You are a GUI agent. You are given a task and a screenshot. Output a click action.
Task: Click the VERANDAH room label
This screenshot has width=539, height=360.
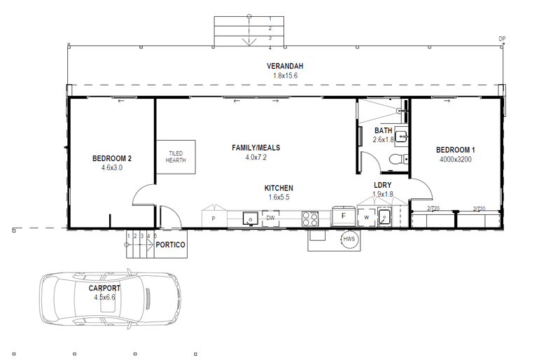(285, 66)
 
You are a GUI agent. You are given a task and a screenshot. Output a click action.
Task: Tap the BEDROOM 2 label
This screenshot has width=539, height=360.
(112, 158)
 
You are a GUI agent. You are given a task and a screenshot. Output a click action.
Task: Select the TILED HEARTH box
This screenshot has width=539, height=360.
(176, 157)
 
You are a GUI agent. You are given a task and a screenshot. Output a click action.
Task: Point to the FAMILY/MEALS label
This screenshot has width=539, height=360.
(255, 148)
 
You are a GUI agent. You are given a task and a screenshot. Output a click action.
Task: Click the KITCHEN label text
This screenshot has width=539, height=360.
(279, 188)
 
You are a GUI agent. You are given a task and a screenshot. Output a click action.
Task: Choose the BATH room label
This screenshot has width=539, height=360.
(383, 131)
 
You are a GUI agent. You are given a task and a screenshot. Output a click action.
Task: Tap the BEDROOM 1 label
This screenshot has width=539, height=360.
(456, 150)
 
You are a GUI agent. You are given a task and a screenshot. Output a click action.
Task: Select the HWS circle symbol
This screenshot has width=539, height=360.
(349, 240)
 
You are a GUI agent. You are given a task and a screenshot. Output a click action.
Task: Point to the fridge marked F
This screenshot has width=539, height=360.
(343, 216)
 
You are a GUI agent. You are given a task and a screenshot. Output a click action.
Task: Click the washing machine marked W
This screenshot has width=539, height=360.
(366, 218)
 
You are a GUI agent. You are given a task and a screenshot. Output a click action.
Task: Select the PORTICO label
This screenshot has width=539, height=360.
(171, 245)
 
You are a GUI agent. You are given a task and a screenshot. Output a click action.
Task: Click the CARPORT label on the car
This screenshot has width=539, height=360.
(104, 288)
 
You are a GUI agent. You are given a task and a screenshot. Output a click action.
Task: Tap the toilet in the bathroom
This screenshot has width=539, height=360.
(395, 159)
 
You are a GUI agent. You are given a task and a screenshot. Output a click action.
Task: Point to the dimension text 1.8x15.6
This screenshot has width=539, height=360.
(285, 75)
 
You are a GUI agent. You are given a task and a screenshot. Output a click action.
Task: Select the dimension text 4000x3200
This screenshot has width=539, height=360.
(456, 159)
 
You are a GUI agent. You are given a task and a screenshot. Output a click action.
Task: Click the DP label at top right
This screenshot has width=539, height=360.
(501, 39)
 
